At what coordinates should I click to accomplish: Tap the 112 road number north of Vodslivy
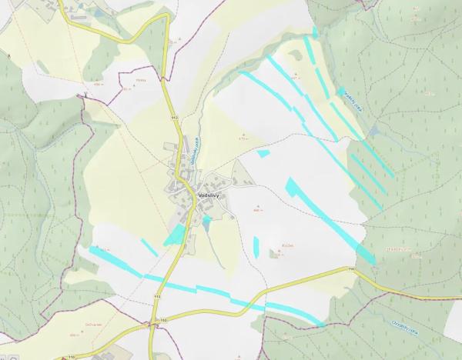point(175,118)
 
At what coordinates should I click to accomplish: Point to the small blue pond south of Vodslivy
point(206,222)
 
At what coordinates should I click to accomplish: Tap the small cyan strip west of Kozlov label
point(256,246)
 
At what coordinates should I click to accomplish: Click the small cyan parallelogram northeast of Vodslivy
point(263,154)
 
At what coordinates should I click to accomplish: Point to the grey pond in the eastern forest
point(374,132)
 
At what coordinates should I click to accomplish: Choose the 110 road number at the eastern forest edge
point(351,270)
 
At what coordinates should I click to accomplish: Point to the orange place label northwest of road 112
point(141,82)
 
